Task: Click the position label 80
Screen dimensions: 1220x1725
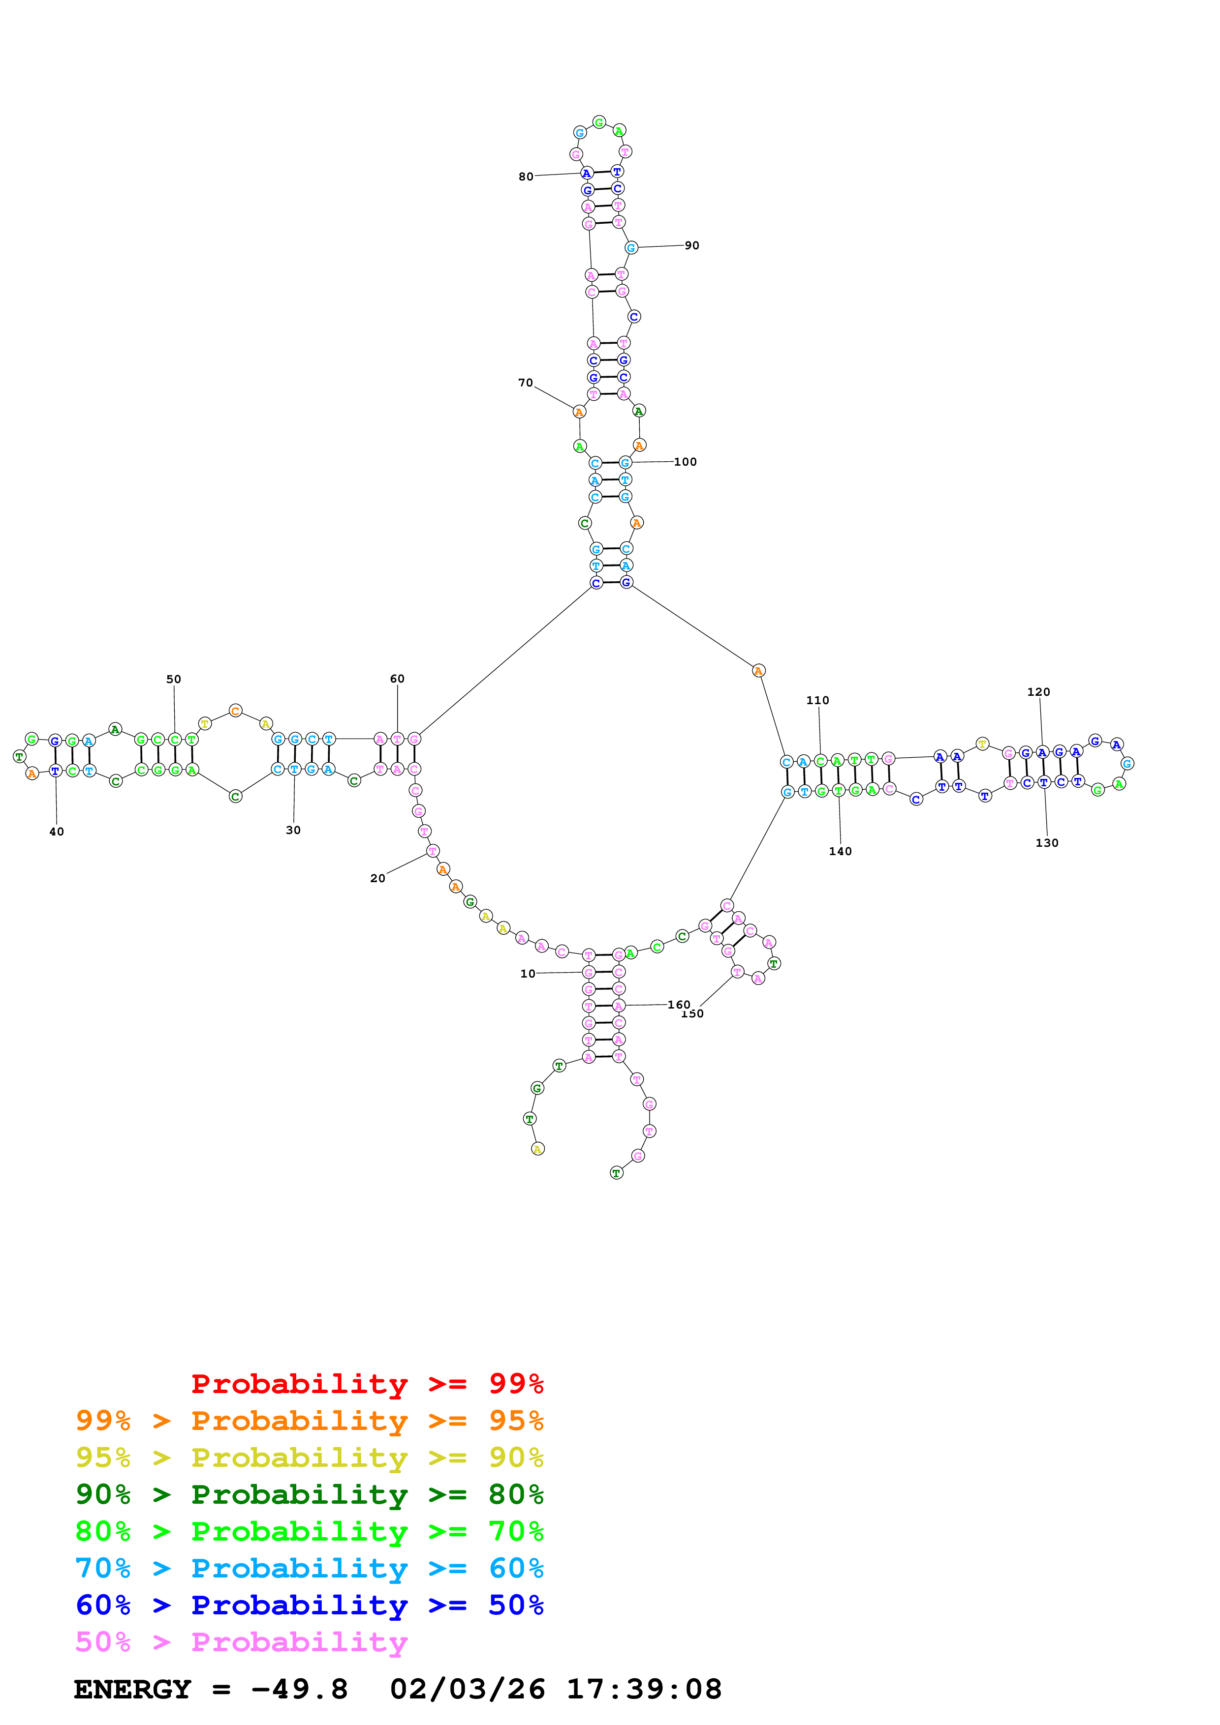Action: pyautogui.click(x=526, y=177)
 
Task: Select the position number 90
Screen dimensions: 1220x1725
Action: pyautogui.click(x=691, y=246)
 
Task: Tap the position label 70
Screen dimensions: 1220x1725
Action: pyautogui.click(x=526, y=383)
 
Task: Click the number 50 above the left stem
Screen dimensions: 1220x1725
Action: pyautogui.click(x=174, y=679)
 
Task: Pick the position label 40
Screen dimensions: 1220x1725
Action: pyautogui.click(x=57, y=832)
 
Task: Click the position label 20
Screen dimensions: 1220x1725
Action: pyautogui.click(x=377, y=878)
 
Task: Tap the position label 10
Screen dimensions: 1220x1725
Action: pyautogui.click(x=528, y=974)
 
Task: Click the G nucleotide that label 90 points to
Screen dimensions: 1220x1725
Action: pyautogui.click(x=631, y=248)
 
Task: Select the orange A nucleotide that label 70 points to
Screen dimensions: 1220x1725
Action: pyautogui.click(x=579, y=412)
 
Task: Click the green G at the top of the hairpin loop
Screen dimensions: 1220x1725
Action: pyautogui.click(x=599, y=122)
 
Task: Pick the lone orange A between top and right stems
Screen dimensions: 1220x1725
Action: pyautogui.click(x=758, y=670)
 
